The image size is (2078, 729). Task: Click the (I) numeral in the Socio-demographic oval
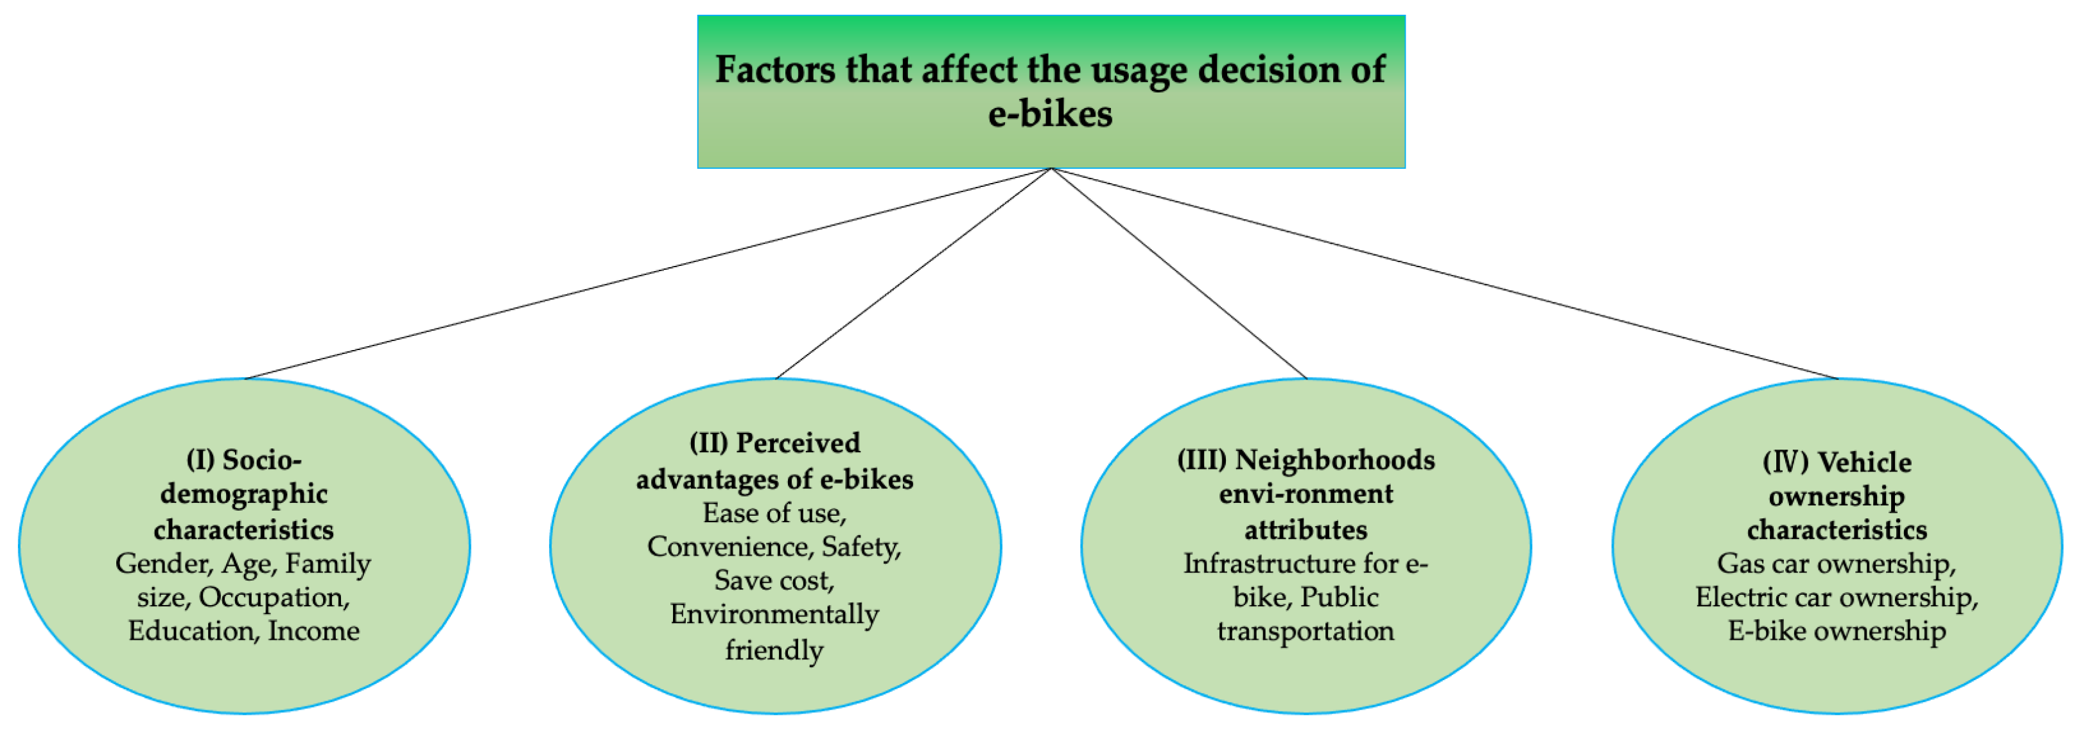pyautogui.click(x=200, y=460)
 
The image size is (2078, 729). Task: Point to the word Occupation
pyautogui.click(x=274, y=597)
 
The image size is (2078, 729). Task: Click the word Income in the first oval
pyautogui.click(x=314, y=631)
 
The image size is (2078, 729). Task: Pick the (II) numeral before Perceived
pyautogui.click(x=708, y=443)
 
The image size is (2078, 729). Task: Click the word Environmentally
pyautogui.click(x=774, y=615)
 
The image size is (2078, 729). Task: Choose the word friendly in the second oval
pyautogui.click(x=774, y=650)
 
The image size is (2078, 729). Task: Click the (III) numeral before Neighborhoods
pyautogui.click(x=1202, y=460)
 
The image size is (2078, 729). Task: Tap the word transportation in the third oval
pyautogui.click(x=1306, y=631)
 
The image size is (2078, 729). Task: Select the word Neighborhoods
pyautogui.click(x=1336, y=460)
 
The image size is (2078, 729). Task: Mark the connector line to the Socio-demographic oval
pyautogui.click(x=645, y=274)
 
